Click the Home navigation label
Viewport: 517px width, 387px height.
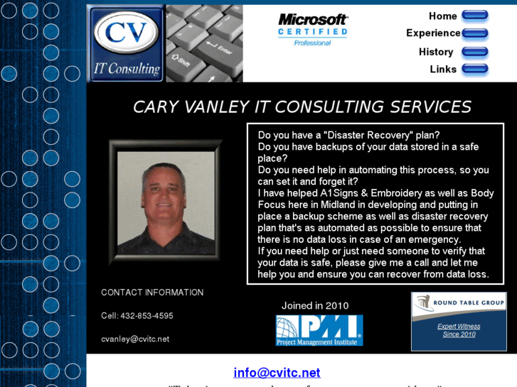point(442,16)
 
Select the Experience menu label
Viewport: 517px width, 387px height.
point(433,33)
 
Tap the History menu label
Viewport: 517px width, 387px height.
point(436,52)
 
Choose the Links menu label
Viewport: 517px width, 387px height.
point(443,69)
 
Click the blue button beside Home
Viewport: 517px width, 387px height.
point(474,15)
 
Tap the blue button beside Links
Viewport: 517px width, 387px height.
point(474,69)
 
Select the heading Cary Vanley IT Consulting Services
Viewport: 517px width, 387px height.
point(302,107)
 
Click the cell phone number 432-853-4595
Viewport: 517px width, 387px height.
point(147,315)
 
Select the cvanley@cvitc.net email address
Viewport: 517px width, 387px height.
point(135,339)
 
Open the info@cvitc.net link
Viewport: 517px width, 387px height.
point(277,372)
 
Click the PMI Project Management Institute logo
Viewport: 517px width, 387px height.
point(319,330)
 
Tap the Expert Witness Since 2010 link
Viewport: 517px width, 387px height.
point(459,330)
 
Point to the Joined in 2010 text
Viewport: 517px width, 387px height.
point(315,306)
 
